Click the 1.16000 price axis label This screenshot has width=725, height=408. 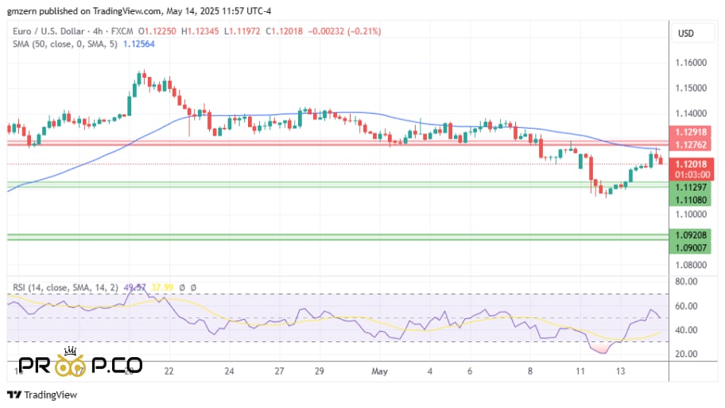pos(690,62)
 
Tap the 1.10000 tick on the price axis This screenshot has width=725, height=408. pos(690,214)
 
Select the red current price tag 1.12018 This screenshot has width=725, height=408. pos(688,165)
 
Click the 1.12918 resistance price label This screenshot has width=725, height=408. pos(688,133)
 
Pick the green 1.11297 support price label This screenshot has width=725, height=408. pos(688,187)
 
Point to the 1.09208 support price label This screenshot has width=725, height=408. pos(688,236)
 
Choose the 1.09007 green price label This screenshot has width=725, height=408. pos(688,248)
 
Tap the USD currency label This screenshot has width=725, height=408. pos(686,33)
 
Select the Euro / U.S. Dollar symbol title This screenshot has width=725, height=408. pos(48,31)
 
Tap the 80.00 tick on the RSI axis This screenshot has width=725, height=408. pos(687,282)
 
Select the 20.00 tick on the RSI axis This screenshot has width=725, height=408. pos(687,354)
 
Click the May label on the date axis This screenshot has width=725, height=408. pos(380,371)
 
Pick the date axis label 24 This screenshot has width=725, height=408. pos(230,371)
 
